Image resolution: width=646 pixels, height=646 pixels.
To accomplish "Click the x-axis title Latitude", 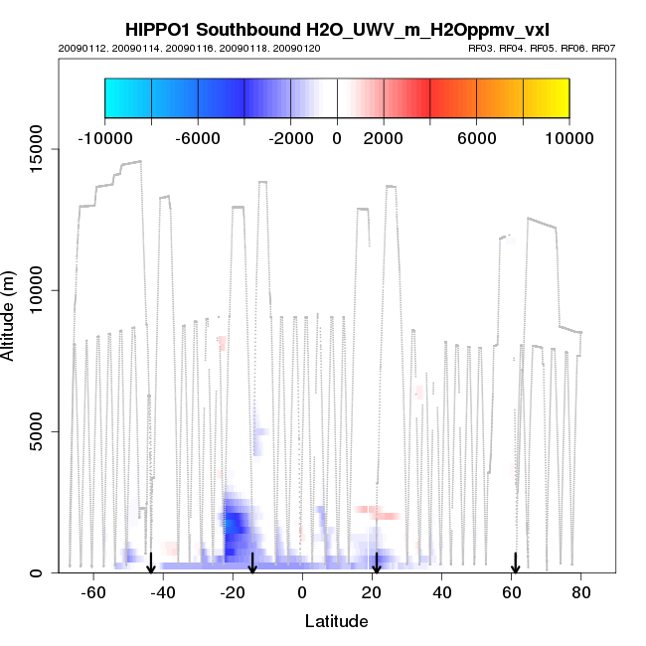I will coord(336,622).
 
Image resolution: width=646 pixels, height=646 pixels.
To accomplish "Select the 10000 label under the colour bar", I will coord(567,138).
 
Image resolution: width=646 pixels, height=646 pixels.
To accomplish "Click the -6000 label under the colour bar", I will coord(198,138).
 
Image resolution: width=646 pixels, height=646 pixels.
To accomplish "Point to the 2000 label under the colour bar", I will coord(383,138).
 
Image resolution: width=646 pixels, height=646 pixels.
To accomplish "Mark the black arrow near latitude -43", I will coord(151,564).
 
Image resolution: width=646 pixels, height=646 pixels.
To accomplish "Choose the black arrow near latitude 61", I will coord(515,564).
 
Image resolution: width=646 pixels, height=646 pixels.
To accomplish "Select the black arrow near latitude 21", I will coord(376,564).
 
